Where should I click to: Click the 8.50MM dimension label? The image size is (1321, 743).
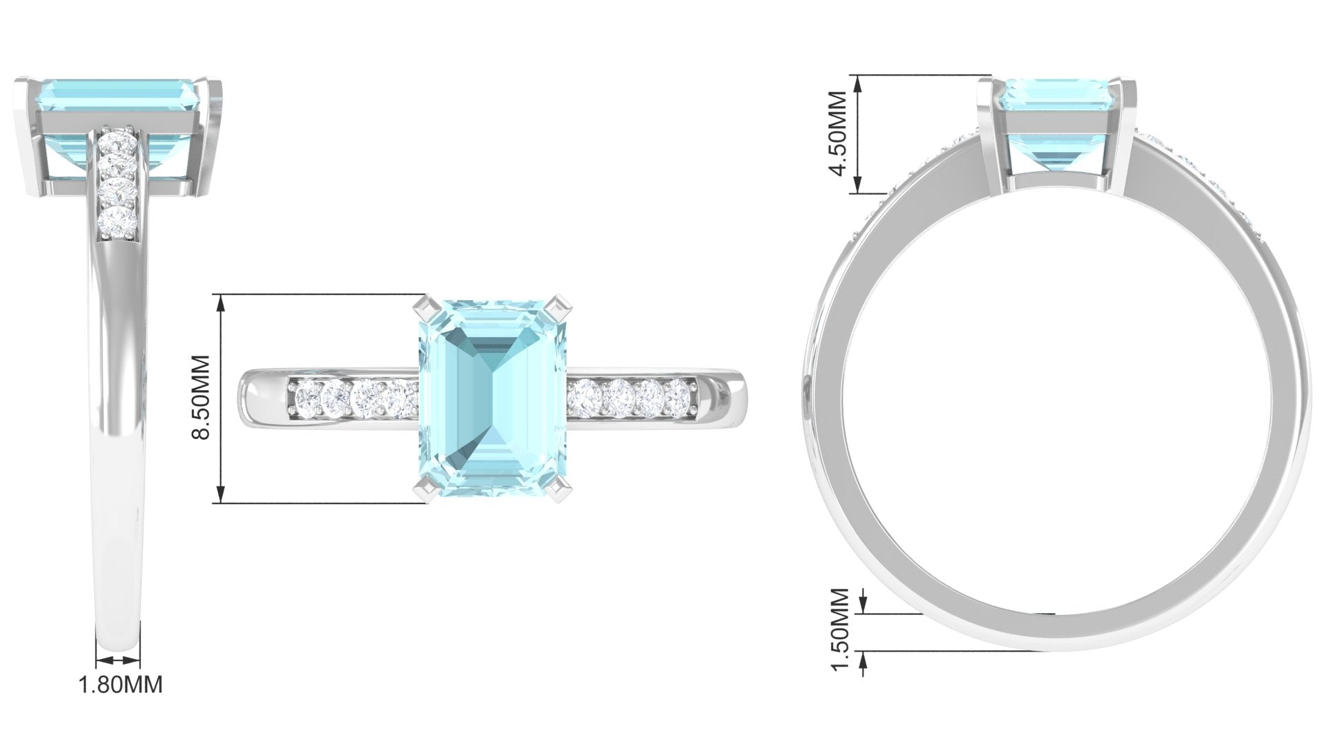click(201, 399)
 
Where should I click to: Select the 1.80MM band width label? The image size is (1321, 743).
click(121, 685)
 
